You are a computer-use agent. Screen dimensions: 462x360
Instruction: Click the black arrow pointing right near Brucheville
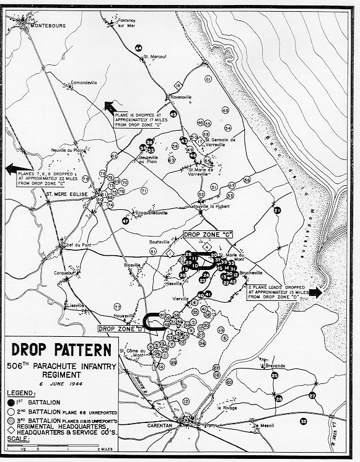315,292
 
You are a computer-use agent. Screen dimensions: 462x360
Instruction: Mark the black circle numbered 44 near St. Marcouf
139,48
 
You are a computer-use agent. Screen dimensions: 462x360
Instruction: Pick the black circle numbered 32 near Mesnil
303,422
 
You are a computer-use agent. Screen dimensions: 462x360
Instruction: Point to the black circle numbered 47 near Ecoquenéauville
126,220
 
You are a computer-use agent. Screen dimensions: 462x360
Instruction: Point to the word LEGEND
22,393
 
